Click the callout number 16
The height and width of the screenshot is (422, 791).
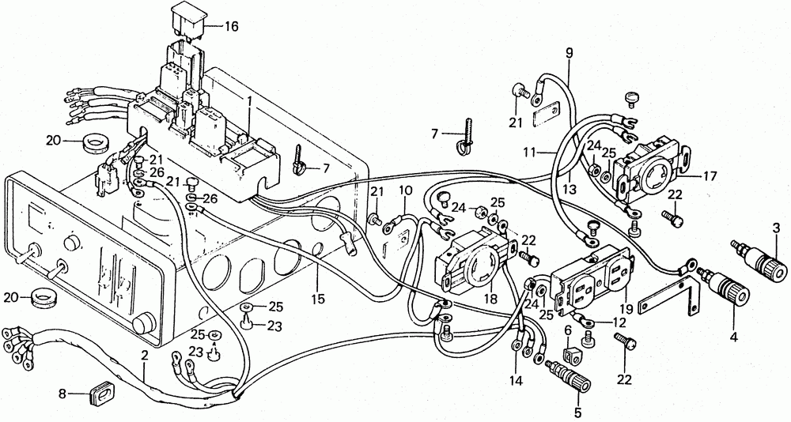pyautogui.click(x=231, y=26)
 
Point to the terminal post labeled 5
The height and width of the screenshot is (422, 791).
pyautogui.click(x=568, y=375)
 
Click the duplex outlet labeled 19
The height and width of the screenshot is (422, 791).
pyautogui.click(x=570, y=355)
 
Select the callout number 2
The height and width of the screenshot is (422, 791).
pyautogui.click(x=145, y=356)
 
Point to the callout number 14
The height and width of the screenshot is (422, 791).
pyautogui.click(x=517, y=380)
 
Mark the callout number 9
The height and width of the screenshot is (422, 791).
pyautogui.click(x=570, y=53)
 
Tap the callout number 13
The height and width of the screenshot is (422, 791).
pyautogui.click(x=570, y=190)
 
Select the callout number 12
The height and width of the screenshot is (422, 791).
pyautogui.click(x=619, y=322)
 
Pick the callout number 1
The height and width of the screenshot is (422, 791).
pyautogui.click(x=249, y=101)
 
